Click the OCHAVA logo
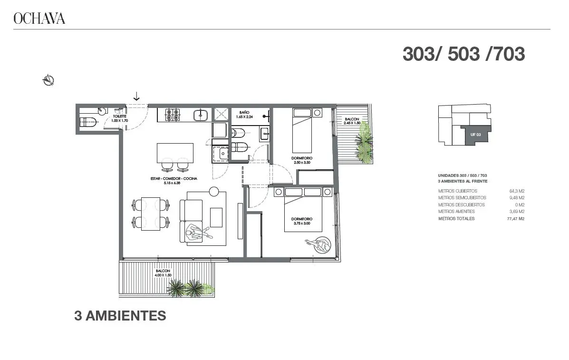[39, 18]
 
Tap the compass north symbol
[48, 80]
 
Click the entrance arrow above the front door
[136, 96]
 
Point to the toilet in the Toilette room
[89, 122]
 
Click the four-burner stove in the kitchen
[173, 115]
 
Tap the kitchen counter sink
[201, 115]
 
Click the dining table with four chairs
[151, 214]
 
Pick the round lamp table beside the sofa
[214, 191]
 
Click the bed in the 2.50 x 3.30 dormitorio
[302, 131]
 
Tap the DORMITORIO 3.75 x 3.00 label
[302, 221]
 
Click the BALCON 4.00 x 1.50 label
[163, 273]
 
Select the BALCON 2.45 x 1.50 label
[352, 121]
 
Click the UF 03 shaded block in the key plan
[475, 135]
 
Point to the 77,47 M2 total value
[516, 218]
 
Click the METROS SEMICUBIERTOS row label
[462, 198]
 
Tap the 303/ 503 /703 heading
[464, 54]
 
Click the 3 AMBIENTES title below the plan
[120, 316]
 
